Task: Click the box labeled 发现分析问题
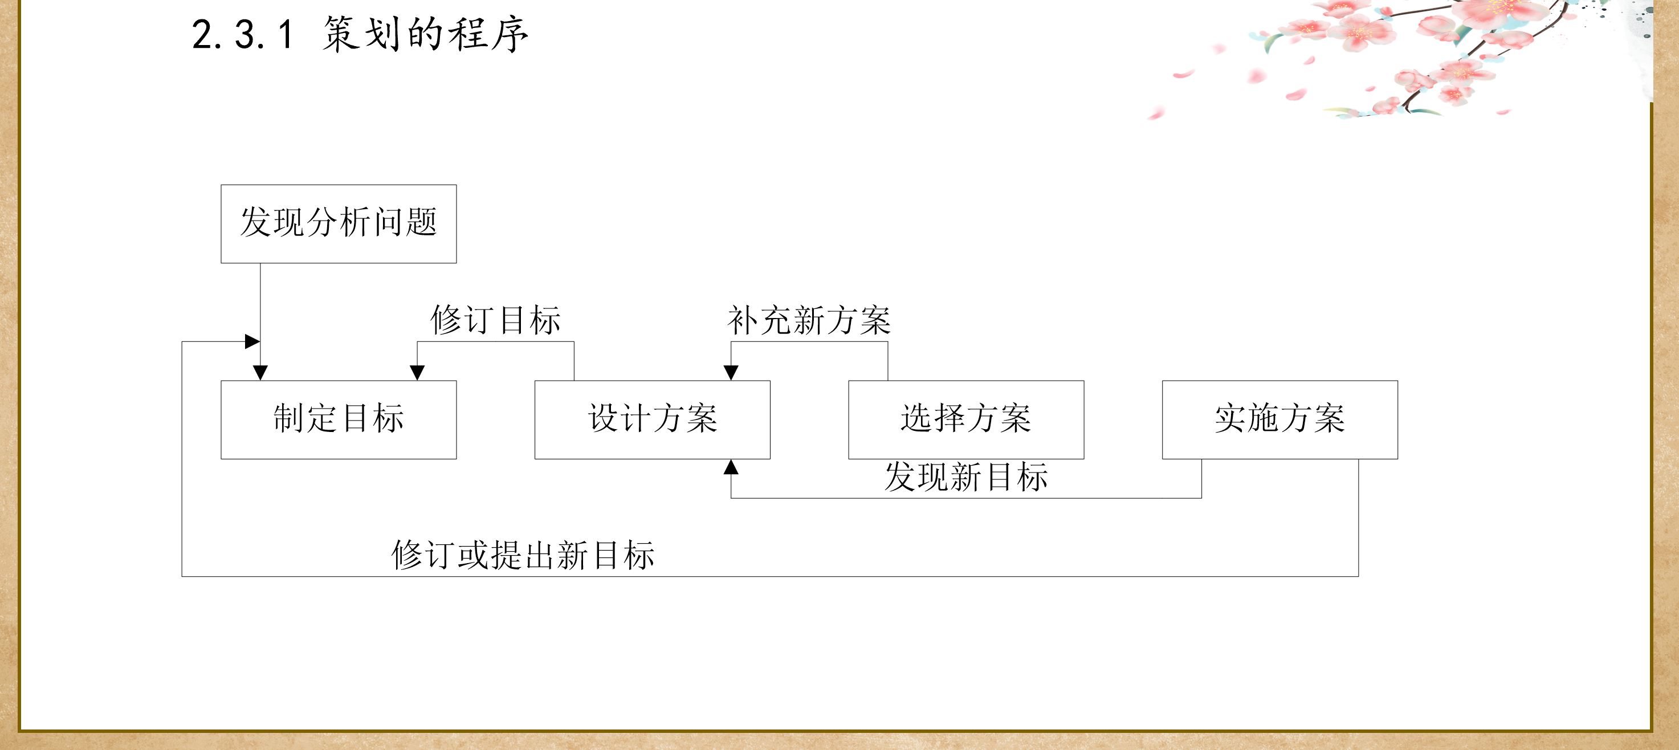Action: pos(339,223)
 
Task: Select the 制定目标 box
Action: pos(339,419)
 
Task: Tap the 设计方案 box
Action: pos(652,419)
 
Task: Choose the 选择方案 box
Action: pos(966,419)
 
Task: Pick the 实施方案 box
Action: pos(1279,419)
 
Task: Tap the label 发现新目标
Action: pos(966,477)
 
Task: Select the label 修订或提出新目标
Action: pos(523,555)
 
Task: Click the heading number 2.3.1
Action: pos(242,35)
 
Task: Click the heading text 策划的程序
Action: pos(425,35)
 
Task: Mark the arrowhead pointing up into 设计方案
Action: pos(731,467)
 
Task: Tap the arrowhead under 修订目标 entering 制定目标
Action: pos(417,373)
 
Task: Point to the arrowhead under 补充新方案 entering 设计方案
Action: pos(731,373)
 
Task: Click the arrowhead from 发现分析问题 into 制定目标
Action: pos(260,373)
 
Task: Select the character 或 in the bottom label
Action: pos(473,555)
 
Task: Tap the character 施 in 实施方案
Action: pos(1262,418)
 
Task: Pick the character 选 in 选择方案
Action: pos(916,418)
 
